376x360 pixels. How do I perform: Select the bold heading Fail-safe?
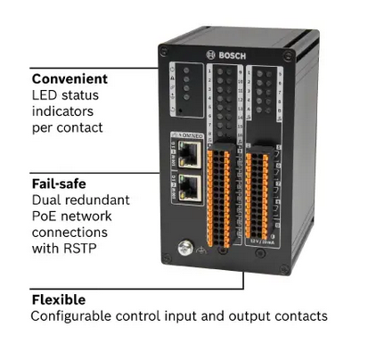57,184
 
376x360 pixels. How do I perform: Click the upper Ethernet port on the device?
189,156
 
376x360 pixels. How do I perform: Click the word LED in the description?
45,94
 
